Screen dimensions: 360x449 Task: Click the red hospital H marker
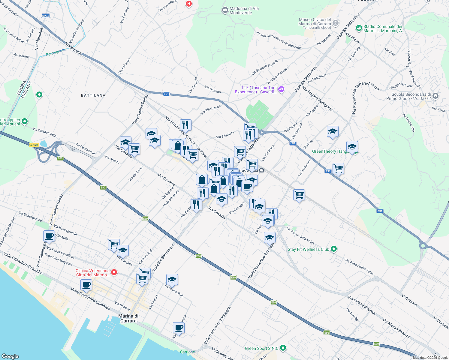click(188, 4)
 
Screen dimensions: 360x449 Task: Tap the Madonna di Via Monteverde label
click(244, 10)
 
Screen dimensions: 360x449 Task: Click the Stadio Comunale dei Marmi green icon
click(359, 28)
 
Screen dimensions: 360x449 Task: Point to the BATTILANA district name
click(93, 95)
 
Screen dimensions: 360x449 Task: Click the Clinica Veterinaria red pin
click(114, 272)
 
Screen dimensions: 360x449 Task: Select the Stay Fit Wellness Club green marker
click(333, 249)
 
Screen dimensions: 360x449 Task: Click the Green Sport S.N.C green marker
click(283, 348)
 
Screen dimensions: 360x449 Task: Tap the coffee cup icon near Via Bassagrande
click(49, 236)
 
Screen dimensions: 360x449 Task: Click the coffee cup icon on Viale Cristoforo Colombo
click(86, 285)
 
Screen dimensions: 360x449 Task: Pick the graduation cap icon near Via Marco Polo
click(172, 280)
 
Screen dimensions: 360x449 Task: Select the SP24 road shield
click(46, 16)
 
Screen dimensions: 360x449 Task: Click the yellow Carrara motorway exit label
click(34, 145)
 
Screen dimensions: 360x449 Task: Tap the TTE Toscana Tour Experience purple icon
click(281, 89)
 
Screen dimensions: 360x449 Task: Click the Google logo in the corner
click(10, 356)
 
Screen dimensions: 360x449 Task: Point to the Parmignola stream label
click(56, 52)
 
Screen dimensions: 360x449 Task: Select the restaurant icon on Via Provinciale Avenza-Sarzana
click(185, 125)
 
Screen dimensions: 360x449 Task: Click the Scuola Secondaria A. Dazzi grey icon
click(435, 96)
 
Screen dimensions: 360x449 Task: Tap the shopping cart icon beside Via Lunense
click(114, 244)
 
